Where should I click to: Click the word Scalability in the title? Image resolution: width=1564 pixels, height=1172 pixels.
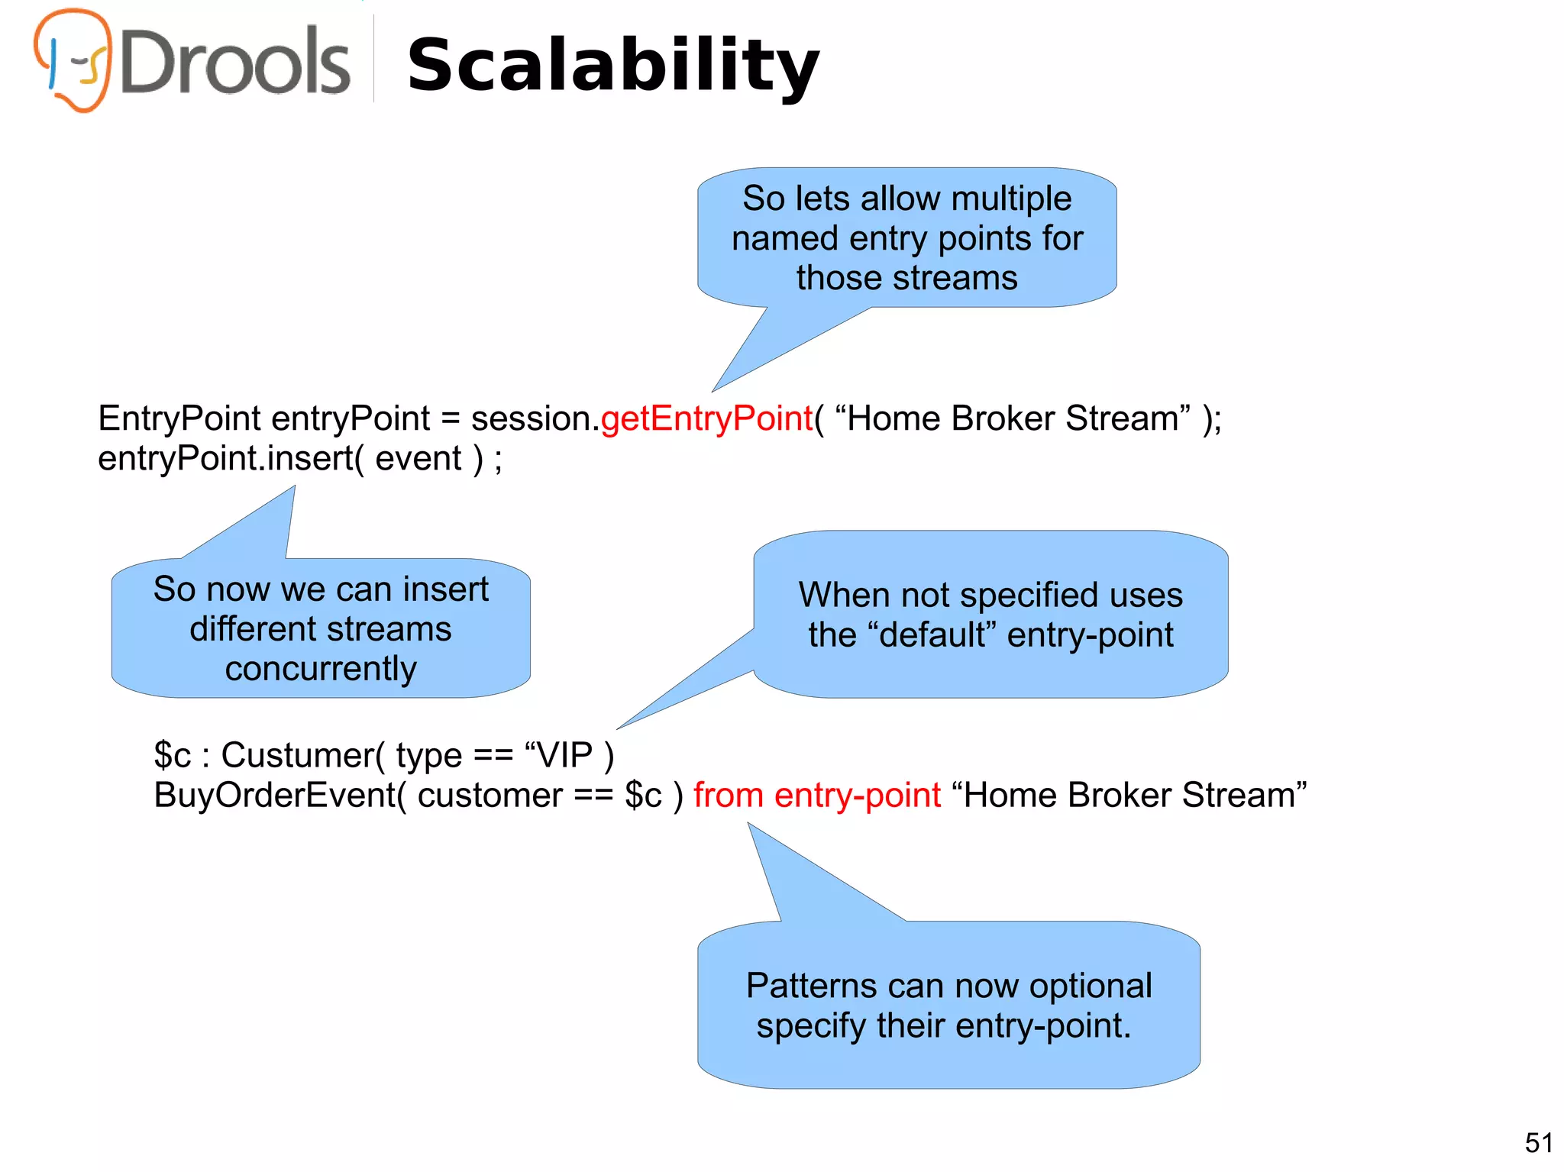pyautogui.click(x=613, y=66)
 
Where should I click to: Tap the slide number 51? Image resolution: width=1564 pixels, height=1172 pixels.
pyautogui.click(x=1538, y=1143)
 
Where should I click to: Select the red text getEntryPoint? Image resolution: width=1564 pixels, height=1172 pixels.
pyautogui.click(x=706, y=418)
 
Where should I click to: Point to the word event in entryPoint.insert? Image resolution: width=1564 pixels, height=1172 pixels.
pyautogui.click(x=418, y=459)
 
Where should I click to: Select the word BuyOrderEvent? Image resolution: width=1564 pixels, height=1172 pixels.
pyautogui.click(x=274, y=796)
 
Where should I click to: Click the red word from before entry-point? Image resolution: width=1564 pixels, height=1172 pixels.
pyautogui.click(x=728, y=796)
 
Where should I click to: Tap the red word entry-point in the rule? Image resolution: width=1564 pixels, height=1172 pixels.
pyautogui.click(x=857, y=796)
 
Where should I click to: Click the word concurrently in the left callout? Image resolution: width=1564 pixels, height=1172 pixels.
pyautogui.click(x=321, y=669)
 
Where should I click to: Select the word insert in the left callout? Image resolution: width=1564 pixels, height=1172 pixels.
pyautogui.click(x=445, y=589)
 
